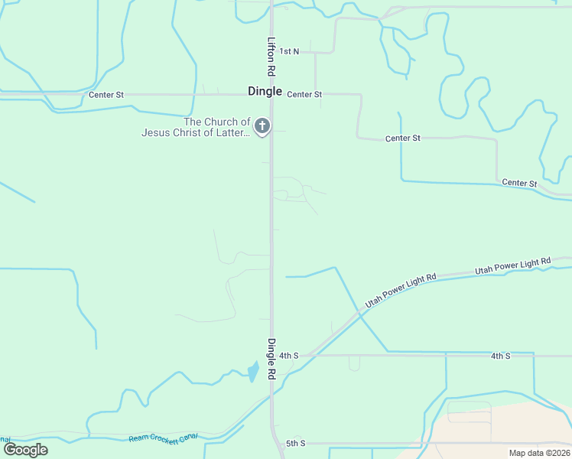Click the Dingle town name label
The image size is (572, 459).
265,91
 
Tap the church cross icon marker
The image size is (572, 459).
262,126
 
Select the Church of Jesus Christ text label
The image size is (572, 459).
197,127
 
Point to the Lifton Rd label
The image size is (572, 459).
271,57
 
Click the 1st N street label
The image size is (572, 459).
289,51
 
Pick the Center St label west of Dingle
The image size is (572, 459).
106,95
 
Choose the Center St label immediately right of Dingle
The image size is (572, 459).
304,94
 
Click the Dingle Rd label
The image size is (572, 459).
271,360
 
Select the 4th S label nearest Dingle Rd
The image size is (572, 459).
288,356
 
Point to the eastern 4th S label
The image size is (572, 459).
500,356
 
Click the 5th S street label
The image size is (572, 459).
296,443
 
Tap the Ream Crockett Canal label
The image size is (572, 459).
163,437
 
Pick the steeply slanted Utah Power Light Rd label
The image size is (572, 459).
400,291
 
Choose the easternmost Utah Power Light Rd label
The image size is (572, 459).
512,265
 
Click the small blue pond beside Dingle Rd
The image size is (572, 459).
252,373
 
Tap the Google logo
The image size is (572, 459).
25,449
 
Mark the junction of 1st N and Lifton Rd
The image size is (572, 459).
271,52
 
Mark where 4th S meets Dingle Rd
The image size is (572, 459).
271,356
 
